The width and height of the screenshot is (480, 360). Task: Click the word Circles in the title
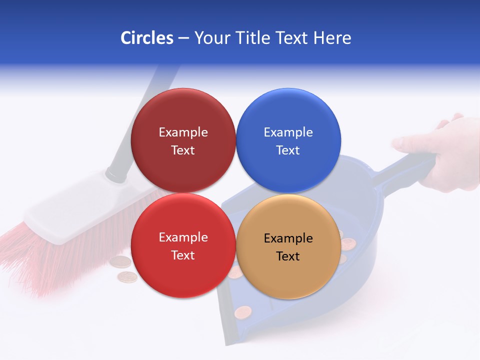(147, 38)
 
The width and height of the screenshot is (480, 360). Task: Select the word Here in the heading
(332, 38)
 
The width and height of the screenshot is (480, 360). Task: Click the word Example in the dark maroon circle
(183, 132)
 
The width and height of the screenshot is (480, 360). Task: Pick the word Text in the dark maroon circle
(183, 150)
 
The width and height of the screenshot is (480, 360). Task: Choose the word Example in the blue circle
(288, 132)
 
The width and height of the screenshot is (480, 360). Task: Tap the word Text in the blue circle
(288, 150)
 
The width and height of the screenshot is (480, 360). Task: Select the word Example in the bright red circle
(183, 237)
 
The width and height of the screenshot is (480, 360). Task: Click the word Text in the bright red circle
(183, 255)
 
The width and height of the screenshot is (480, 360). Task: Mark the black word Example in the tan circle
(288, 238)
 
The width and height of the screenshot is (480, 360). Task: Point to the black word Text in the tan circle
(288, 256)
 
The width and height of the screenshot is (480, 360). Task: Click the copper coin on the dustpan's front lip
(243, 313)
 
